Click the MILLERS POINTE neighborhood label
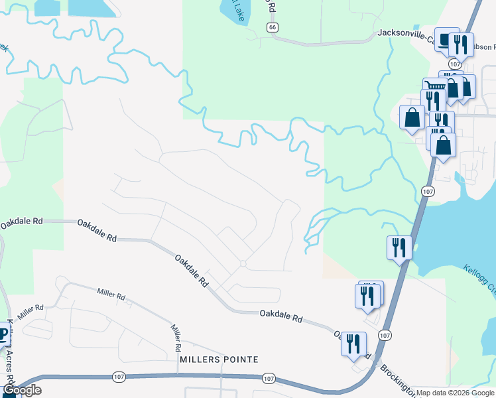218,360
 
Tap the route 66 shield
273,27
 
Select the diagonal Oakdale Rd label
192,271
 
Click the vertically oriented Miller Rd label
176,338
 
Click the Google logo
22,390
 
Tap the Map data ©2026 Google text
454,393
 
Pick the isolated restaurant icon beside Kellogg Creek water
399,247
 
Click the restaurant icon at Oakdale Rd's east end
353,343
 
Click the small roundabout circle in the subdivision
243,264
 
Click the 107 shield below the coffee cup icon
454,64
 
